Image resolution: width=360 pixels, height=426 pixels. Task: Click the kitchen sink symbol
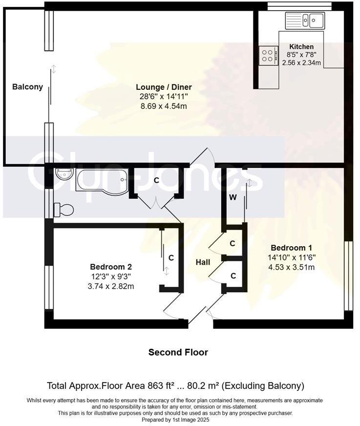point(305,20)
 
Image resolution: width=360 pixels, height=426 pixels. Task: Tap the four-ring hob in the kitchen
point(267,55)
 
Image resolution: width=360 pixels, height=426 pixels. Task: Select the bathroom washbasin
point(64,174)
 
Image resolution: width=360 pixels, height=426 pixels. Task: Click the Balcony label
point(27,87)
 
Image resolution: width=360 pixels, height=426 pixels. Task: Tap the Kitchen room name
point(301,47)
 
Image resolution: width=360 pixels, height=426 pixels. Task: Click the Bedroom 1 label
point(291,247)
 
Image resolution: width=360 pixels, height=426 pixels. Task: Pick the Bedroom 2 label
point(111,267)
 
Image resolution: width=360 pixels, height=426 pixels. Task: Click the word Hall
point(203,262)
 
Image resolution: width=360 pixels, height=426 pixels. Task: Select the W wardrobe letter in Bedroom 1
point(233,198)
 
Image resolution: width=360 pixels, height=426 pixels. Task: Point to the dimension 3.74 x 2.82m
point(111,286)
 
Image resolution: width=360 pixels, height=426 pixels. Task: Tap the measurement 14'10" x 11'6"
point(291,257)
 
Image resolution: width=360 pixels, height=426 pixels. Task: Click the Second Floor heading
point(178,352)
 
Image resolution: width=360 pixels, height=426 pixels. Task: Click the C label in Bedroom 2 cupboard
point(171,257)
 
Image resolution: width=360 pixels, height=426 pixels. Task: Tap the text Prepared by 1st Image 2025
point(175,420)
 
